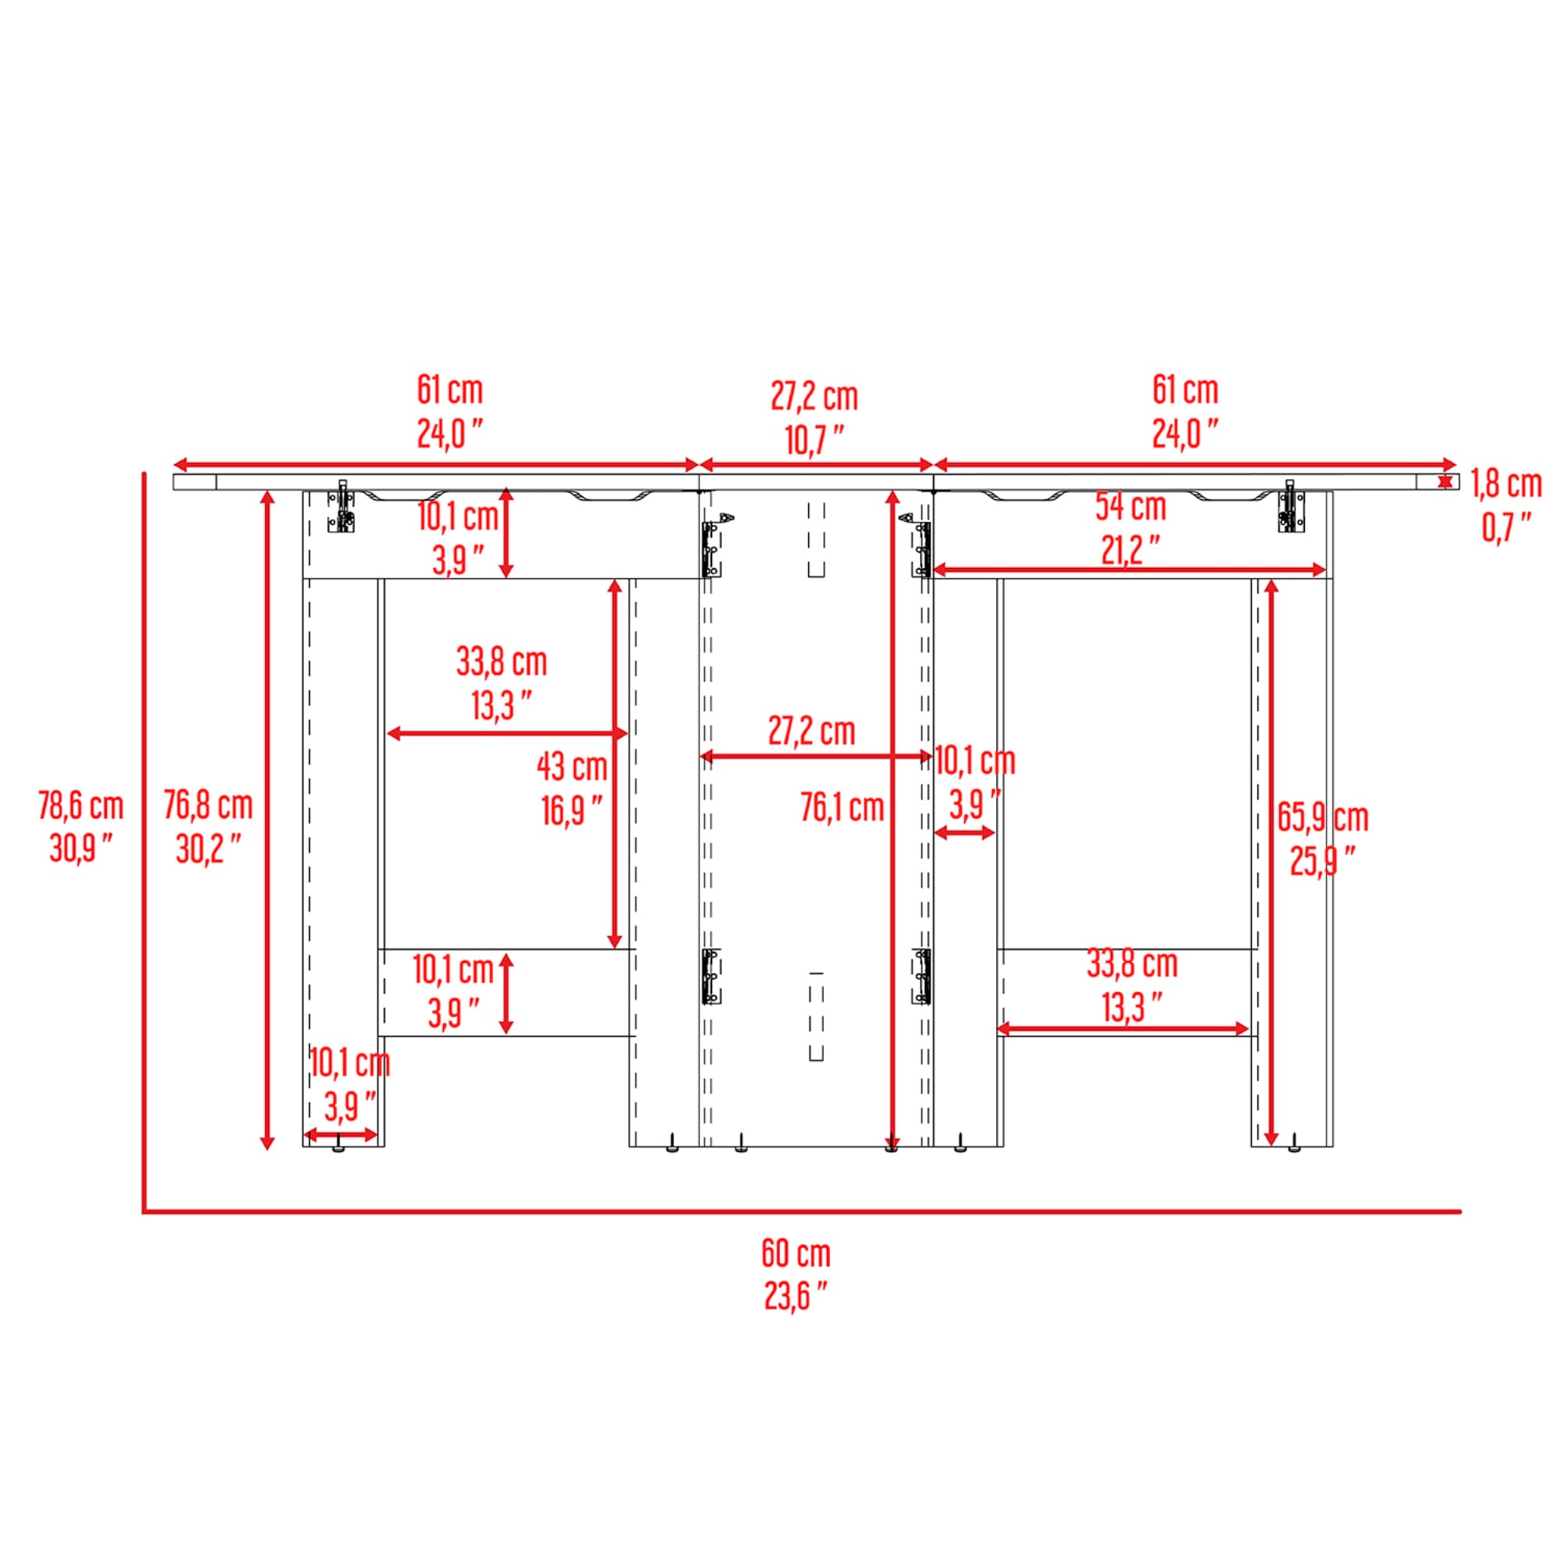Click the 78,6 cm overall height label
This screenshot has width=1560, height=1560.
coord(81,805)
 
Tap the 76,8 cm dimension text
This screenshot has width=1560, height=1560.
coord(208,805)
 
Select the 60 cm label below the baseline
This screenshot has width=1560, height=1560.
coord(796,1253)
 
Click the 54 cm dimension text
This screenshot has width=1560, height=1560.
coord(1130,507)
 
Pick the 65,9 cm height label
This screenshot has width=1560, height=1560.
coord(1324,818)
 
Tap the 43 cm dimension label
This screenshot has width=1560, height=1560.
coord(573,766)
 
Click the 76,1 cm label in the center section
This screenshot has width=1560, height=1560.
coord(842,807)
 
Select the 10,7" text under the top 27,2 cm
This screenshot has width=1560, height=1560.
coord(815,440)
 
